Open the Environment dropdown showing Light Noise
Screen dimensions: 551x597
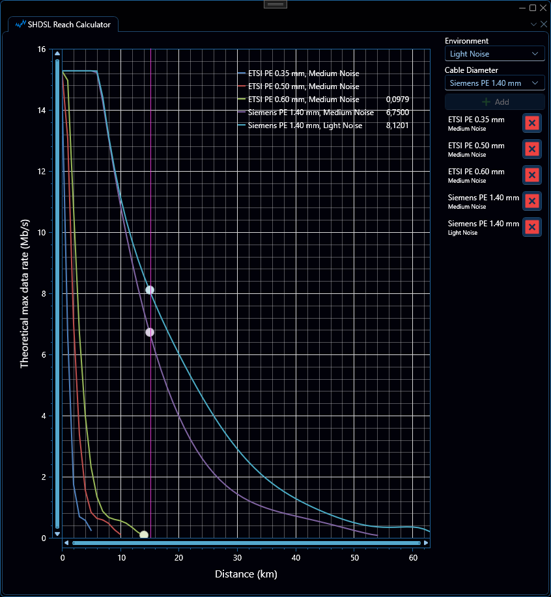tap(494, 54)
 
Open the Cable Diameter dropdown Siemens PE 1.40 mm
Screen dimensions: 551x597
tap(494, 83)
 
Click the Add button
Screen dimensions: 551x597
tap(494, 101)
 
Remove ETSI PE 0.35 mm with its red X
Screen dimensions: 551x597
tap(532, 123)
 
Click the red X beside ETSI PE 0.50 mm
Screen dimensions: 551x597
tap(532, 149)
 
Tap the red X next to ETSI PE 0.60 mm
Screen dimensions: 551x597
tap(532, 175)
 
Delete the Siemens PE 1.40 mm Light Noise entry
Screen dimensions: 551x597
tap(532, 228)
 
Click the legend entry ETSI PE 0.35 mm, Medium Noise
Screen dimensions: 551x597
tap(304, 73)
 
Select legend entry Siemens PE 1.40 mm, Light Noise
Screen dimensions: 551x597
tap(305, 126)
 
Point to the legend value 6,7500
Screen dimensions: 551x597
tap(397, 113)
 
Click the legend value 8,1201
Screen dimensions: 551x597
tap(397, 126)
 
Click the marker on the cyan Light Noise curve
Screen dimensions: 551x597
tap(150, 290)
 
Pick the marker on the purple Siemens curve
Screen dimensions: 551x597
tap(150, 332)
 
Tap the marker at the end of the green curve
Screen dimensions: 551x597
tap(144, 535)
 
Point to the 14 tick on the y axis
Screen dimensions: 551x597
tap(42, 111)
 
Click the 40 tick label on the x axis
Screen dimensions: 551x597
tap(296, 558)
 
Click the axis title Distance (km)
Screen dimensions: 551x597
tap(246, 574)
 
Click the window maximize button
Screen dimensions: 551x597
tap(533, 8)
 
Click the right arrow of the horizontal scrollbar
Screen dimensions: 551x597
tap(426, 543)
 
